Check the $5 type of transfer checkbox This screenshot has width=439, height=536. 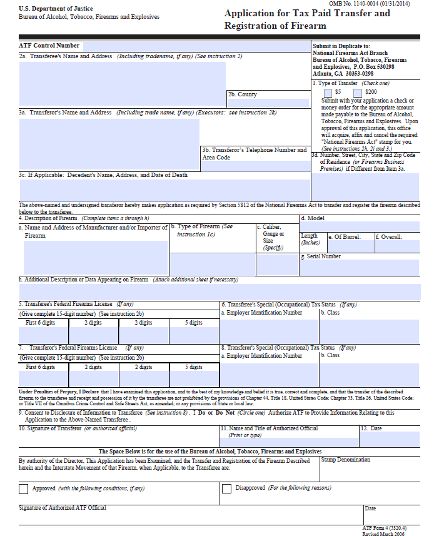(x=328, y=93)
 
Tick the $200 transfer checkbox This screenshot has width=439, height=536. (x=357, y=93)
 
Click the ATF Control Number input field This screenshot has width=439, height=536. (x=196, y=46)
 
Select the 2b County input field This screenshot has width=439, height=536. (x=268, y=103)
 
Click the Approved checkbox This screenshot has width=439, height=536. (x=24, y=488)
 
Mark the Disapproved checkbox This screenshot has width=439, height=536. (x=226, y=488)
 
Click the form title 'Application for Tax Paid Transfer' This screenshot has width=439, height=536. (x=306, y=14)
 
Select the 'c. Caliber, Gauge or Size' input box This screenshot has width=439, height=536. (x=277, y=264)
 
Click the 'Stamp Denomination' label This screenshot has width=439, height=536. (x=345, y=460)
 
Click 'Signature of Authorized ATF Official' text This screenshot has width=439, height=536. (x=63, y=508)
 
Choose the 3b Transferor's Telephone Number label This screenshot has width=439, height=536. (x=254, y=150)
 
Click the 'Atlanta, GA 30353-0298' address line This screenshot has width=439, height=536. (x=343, y=73)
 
